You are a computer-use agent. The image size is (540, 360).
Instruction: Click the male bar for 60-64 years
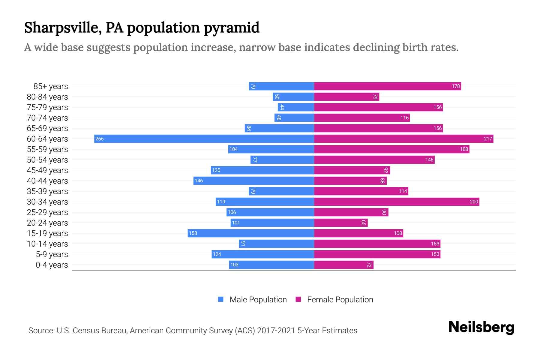tap(204, 139)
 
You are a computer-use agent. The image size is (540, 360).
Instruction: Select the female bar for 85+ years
tap(387, 86)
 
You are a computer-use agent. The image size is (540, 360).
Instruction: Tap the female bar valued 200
tap(396, 202)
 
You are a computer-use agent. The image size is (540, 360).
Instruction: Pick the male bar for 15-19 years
tap(251, 233)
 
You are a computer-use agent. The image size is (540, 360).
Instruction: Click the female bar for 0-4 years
tap(344, 265)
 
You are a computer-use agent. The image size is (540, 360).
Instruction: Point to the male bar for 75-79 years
tap(296, 107)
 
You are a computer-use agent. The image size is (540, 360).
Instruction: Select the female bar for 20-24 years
tap(341, 223)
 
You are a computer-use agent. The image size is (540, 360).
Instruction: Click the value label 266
tap(100, 139)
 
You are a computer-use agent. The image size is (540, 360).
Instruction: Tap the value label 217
tap(488, 139)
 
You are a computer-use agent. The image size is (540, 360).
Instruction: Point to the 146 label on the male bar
tap(199, 181)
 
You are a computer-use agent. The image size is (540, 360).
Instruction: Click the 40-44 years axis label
tap(47, 181)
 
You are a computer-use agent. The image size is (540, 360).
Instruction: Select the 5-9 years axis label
tap(52, 254)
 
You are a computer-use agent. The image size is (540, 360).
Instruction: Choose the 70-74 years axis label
tap(47, 118)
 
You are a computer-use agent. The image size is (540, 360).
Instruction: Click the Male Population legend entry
tap(258, 300)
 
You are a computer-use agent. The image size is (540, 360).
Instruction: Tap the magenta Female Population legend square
tap(298, 299)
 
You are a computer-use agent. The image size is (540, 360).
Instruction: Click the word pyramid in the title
tap(232, 28)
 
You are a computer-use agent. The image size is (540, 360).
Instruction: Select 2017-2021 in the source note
tap(276, 331)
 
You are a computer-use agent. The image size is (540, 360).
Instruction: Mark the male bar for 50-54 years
tap(282, 160)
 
